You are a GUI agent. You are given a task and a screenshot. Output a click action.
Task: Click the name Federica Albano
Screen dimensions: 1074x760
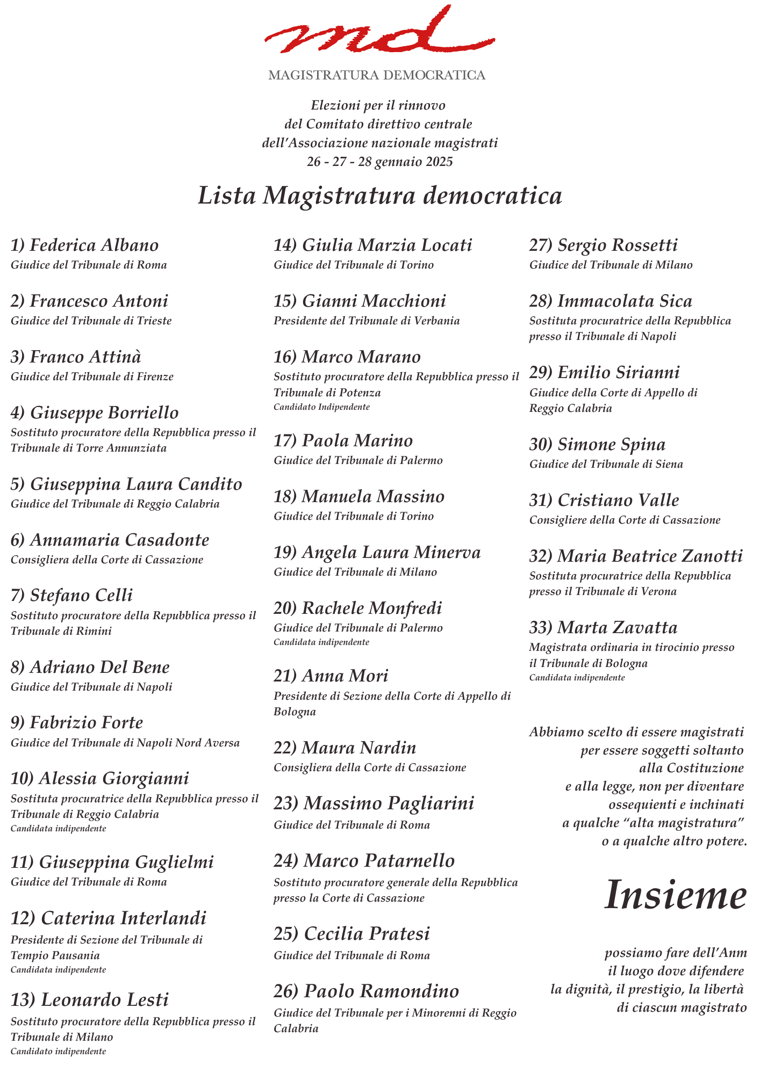[94, 245]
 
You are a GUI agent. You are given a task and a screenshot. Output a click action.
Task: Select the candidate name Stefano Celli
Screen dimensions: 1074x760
[81, 596]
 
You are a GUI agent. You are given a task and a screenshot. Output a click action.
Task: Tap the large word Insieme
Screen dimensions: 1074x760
[676, 896]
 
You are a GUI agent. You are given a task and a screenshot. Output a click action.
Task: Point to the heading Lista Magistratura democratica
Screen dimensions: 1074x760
[380, 195]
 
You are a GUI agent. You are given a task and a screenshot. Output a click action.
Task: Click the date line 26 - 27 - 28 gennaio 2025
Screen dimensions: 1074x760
[380, 162]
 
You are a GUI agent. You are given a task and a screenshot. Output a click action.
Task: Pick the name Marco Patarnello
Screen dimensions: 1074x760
[379, 861]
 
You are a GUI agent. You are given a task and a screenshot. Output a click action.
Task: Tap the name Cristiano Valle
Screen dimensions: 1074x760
[618, 500]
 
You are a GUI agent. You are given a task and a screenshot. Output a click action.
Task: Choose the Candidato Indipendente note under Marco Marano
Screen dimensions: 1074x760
[321, 407]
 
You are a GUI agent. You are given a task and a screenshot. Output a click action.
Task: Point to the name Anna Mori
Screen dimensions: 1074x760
[345, 676]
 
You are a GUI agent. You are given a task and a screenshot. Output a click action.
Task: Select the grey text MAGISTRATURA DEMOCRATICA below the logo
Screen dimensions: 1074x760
[377, 75]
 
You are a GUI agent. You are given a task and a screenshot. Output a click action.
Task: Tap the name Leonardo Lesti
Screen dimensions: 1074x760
[105, 1000]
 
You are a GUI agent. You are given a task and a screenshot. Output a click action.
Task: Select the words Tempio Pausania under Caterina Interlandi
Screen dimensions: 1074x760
[55, 955]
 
